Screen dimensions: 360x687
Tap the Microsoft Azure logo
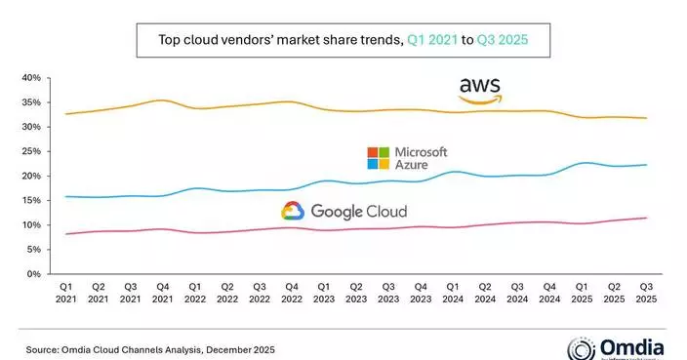(x=407, y=160)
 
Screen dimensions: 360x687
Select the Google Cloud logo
(x=343, y=211)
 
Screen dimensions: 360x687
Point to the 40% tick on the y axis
(x=29, y=78)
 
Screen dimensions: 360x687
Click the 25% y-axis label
(x=29, y=151)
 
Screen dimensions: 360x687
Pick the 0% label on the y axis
(x=32, y=274)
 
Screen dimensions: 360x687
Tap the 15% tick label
(x=29, y=201)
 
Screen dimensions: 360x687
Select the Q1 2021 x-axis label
(x=66, y=294)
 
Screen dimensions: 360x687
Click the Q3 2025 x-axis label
(x=645, y=294)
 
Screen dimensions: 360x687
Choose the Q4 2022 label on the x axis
(x=291, y=294)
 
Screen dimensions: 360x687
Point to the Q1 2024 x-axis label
(x=452, y=294)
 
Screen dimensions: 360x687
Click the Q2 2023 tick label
(x=355, y=294)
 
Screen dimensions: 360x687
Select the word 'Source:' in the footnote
(x=40, y=346)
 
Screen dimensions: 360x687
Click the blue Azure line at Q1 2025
(x=581, y=163)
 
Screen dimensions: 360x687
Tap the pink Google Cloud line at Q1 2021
(x=66, y=233)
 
